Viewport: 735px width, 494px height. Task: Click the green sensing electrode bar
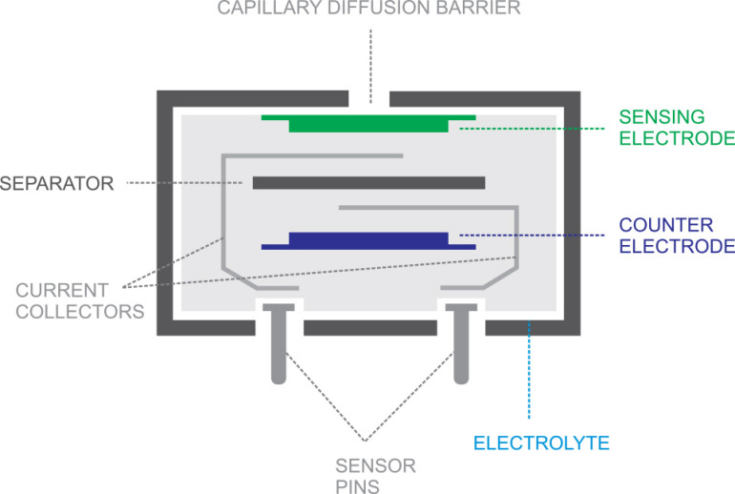tap(367, 124)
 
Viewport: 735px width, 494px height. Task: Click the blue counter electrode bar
tap(367, 239)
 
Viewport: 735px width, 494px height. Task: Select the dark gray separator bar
tap(368, 182)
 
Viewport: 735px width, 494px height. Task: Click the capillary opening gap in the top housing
tap(368, 98)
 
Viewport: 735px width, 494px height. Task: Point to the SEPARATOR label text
tap(57, 182)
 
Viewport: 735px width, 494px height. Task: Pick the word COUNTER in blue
tap(665, 225)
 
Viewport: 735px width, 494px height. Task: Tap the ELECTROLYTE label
tap(541, 443)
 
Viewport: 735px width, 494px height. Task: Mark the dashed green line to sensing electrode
tap(535, 129)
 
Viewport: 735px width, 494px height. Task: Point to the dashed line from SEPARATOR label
tap(186, 182)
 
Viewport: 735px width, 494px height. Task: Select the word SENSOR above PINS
tap(375, 465)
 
